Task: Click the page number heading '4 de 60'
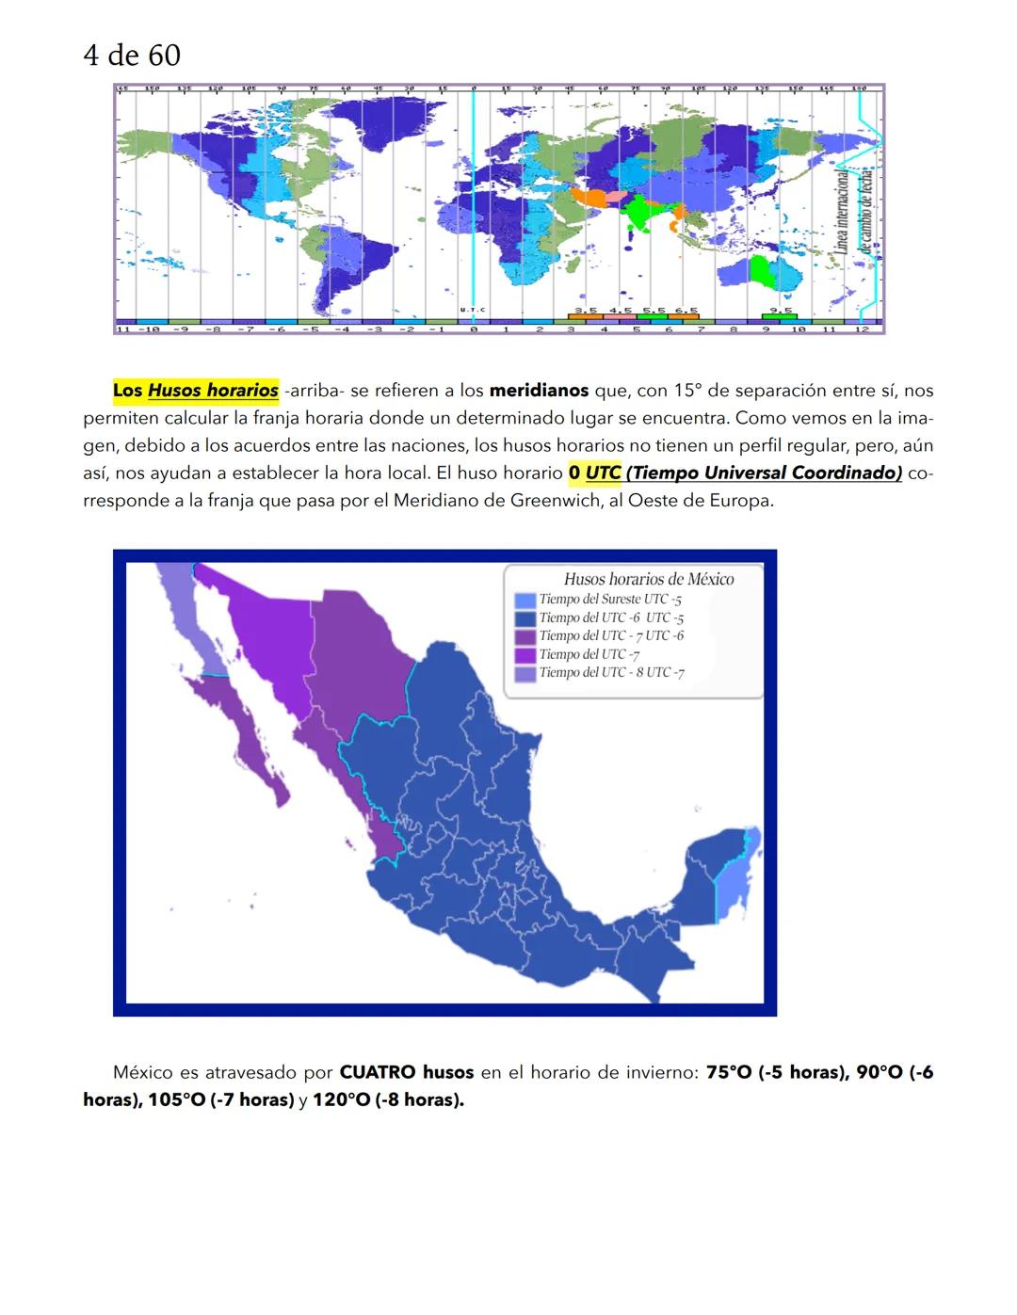point(132,56)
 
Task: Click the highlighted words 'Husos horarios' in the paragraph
point(213,390)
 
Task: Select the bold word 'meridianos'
point(539,390)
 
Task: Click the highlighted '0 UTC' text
point(595,473)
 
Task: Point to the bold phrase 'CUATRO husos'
point(406,1072)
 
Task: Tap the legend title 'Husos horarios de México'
point(649,579)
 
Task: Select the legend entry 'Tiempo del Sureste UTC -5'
point(610,599)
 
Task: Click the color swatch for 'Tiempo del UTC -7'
point(525,655)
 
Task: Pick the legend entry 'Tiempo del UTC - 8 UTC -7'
point(611,672)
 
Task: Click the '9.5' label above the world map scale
point(781,310)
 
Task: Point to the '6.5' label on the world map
point(686,310)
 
